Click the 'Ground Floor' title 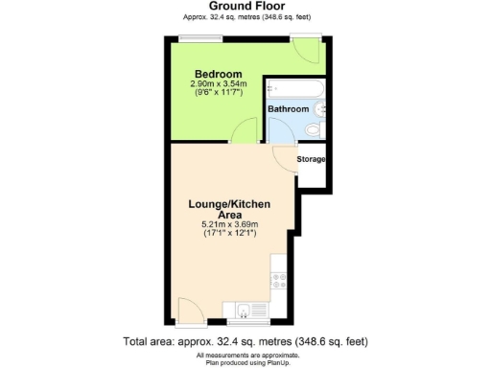245,7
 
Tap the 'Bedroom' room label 218,75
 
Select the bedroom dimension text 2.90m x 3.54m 218,84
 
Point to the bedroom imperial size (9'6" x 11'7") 218,94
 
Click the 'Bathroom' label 288,109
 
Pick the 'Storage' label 312,159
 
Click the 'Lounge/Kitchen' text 229,204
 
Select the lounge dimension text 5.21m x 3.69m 230,224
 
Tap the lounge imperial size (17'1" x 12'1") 230,234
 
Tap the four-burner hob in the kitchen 280,282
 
